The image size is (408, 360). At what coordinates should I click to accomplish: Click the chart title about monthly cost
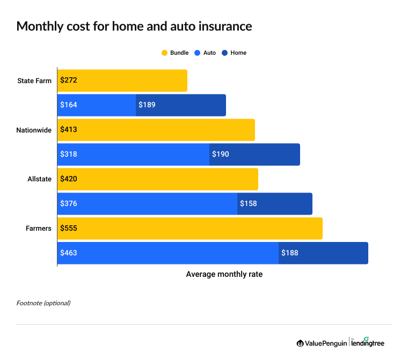[x=134, y=26]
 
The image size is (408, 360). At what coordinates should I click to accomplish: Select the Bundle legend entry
[x=175, y=53]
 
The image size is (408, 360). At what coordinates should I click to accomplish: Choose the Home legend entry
[x=234, y=53]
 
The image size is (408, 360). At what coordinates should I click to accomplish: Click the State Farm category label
[x=34, y=80]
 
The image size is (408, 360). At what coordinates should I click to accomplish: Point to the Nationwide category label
[x=34, y=130]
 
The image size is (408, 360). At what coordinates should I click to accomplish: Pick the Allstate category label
[x=40, y=179]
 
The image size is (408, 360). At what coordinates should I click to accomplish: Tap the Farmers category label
[x=39, y=229]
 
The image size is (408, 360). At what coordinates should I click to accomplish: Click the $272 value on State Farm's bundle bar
[x=69, y=80]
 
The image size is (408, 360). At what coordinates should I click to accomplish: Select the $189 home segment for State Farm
[x=180, y=105]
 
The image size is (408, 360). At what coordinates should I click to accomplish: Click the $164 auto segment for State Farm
[x=97, y=105]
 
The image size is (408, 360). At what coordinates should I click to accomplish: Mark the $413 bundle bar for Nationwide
[x=156, y=130]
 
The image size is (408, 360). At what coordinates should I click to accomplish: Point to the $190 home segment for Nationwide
[x=254, y=155]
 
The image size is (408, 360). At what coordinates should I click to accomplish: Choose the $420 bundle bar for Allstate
[x=157, y=179]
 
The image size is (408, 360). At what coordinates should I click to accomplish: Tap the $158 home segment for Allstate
[x=274, y=204]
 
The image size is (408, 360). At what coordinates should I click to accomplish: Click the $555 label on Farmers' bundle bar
[x=69, y=229]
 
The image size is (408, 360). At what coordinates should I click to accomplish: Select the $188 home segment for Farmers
[x=323, y=253]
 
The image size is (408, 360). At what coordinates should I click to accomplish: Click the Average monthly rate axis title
[x=224, y=274]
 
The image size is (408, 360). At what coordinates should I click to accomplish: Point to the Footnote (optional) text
[x=43, y=303]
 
